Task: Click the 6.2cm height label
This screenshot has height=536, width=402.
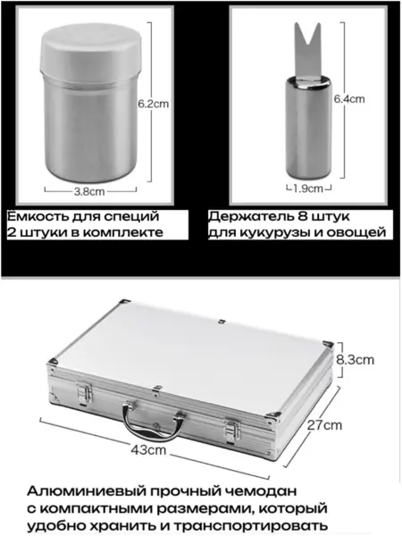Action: click(154, 104)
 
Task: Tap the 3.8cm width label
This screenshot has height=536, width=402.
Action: click(89, 191)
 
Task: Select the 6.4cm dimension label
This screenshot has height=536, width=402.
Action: click(349, 99)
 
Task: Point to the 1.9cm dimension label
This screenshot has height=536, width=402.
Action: click(308, 188)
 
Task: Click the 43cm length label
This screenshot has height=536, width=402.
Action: click(148, 449)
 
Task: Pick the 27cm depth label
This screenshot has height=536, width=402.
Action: click(324, 425)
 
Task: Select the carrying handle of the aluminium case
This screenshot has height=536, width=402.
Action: click(154, 421)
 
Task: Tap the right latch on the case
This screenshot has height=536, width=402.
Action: click(232, 431)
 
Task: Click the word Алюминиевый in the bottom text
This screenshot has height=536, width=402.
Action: click(86, 491)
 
